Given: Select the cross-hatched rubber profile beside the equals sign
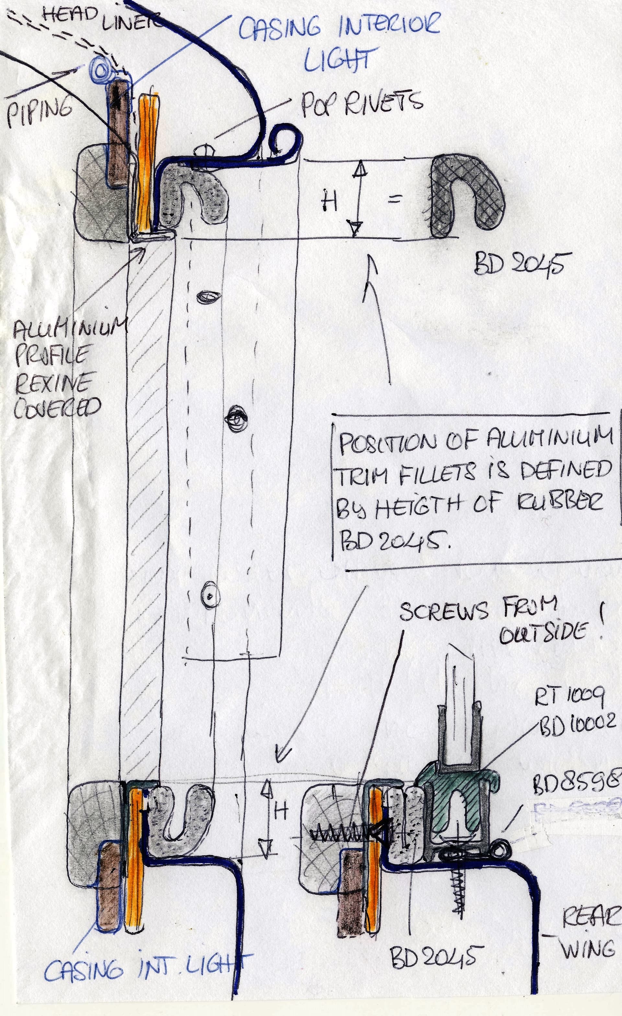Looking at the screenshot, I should click(x=466, y=197).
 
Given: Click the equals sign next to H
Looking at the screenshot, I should click(x=395, y=201).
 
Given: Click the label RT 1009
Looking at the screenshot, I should click(x=569, y=697).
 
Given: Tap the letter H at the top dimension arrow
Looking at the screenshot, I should click(x=330, y=202).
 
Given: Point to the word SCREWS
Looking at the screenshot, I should click(x=444, y=612).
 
